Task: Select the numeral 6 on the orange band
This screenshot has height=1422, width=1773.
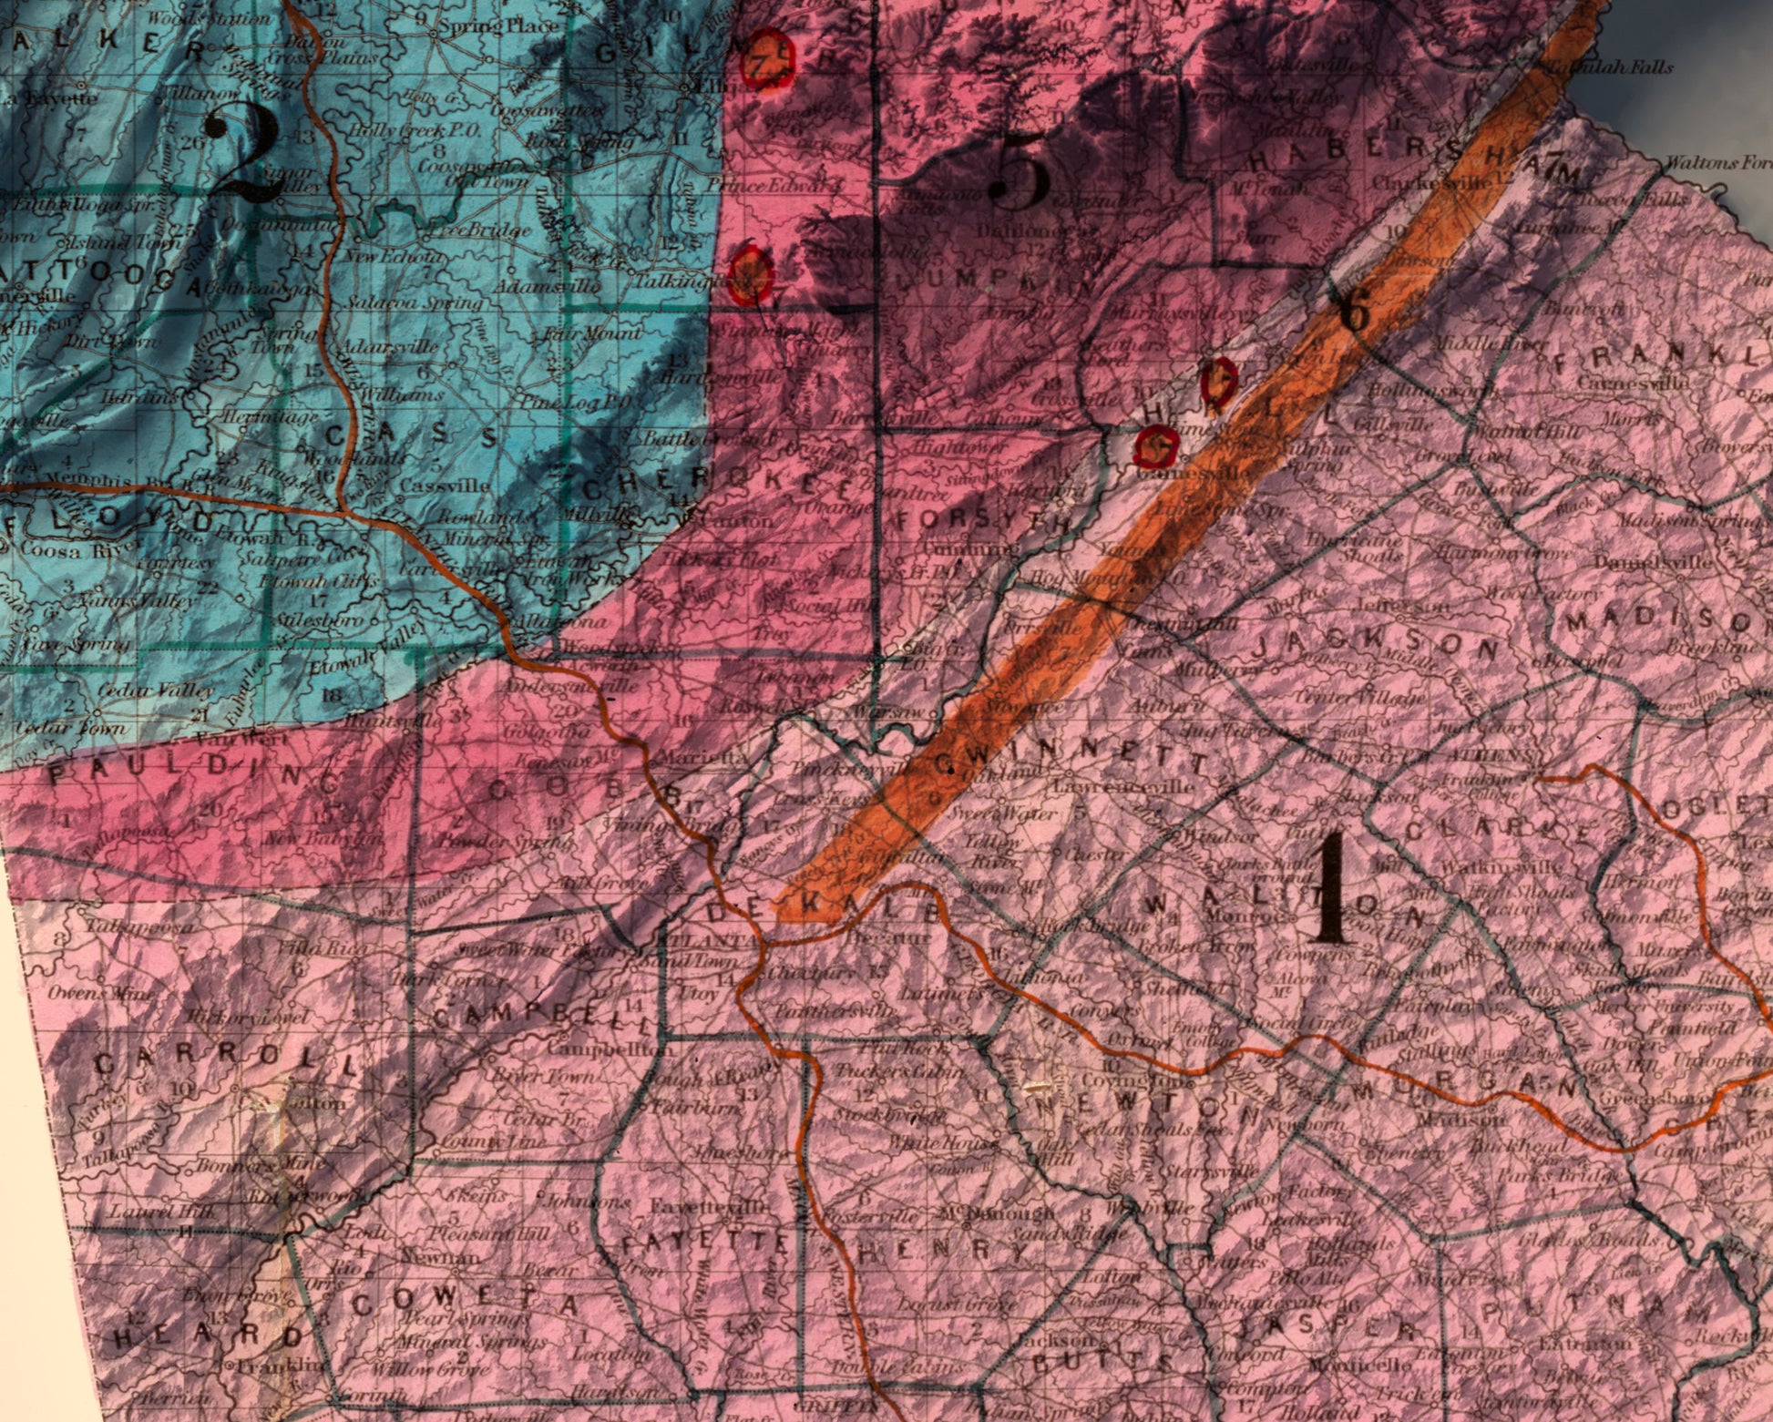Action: [1355, 314]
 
